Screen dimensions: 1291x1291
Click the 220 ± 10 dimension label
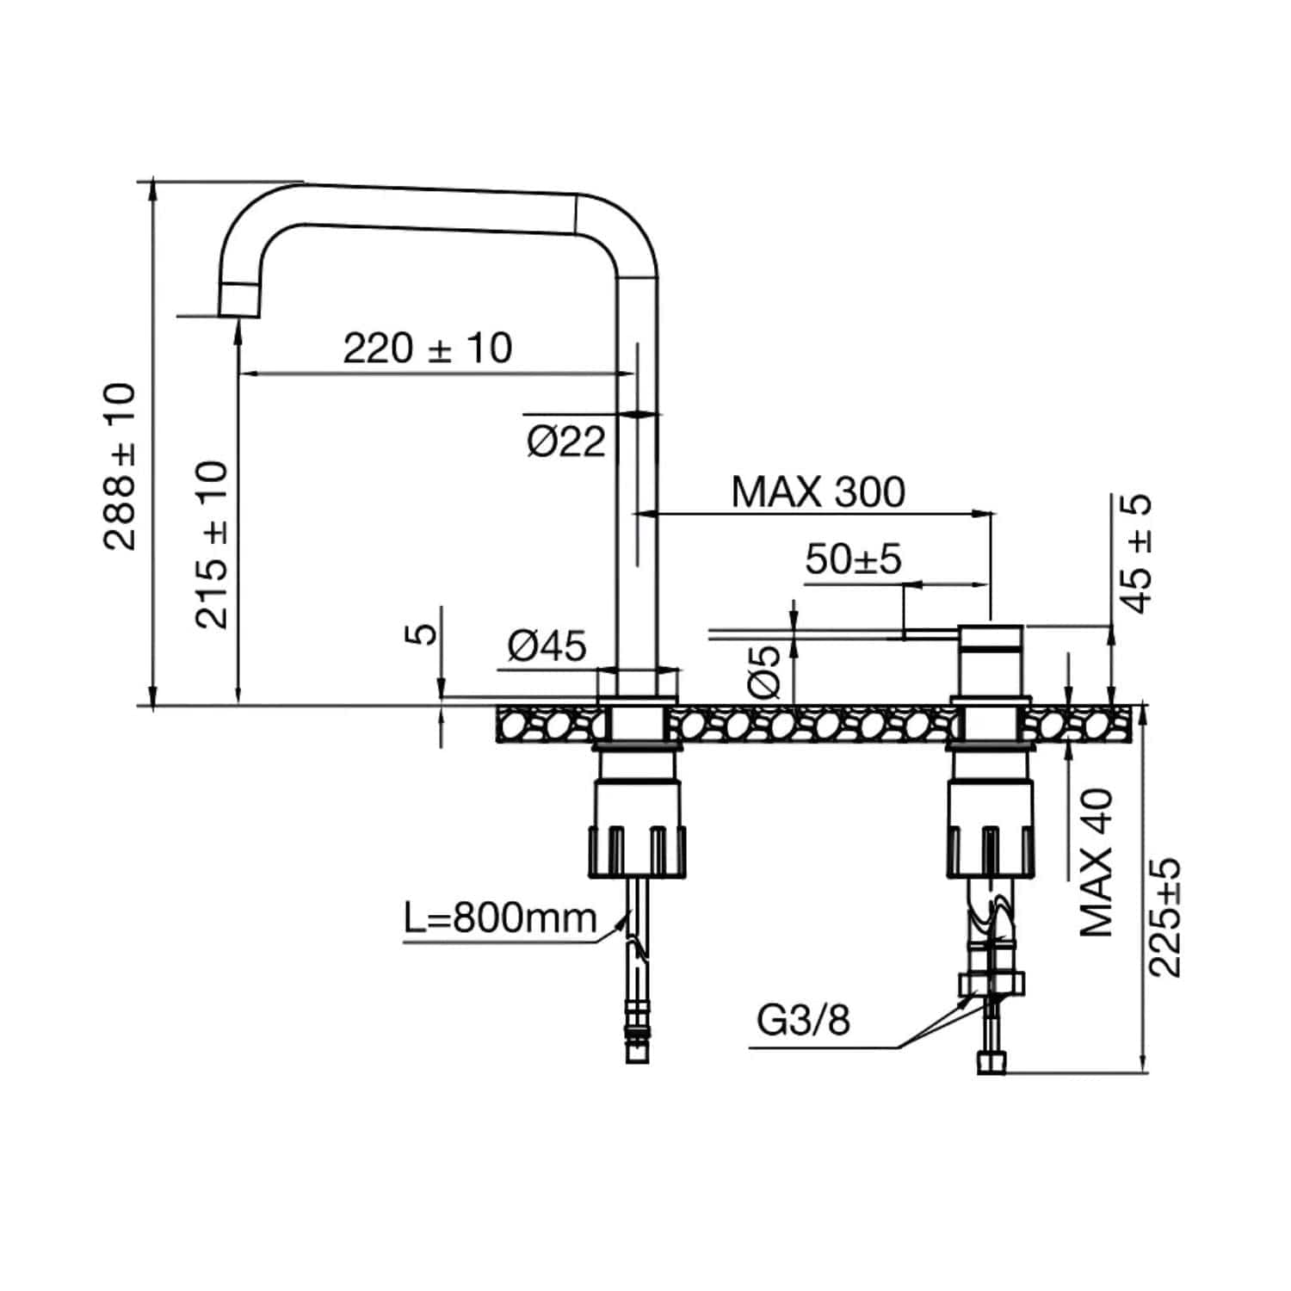[428, 349]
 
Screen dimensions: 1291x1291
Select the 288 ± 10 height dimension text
[120, 466]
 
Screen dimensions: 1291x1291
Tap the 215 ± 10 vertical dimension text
[212, 545]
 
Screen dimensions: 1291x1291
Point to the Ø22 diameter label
[566, 442]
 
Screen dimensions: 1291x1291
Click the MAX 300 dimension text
[818, 492]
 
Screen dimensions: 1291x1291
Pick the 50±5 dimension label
[853, 559]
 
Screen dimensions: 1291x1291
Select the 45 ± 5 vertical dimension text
[1137, 553]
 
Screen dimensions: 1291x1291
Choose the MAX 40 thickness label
[1096, 862]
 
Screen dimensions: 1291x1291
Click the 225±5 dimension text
[1165, 917]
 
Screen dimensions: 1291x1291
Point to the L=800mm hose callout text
[500, 918]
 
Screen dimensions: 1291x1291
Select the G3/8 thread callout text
[803, 1021]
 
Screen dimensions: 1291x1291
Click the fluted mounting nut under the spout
[638, 851]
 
